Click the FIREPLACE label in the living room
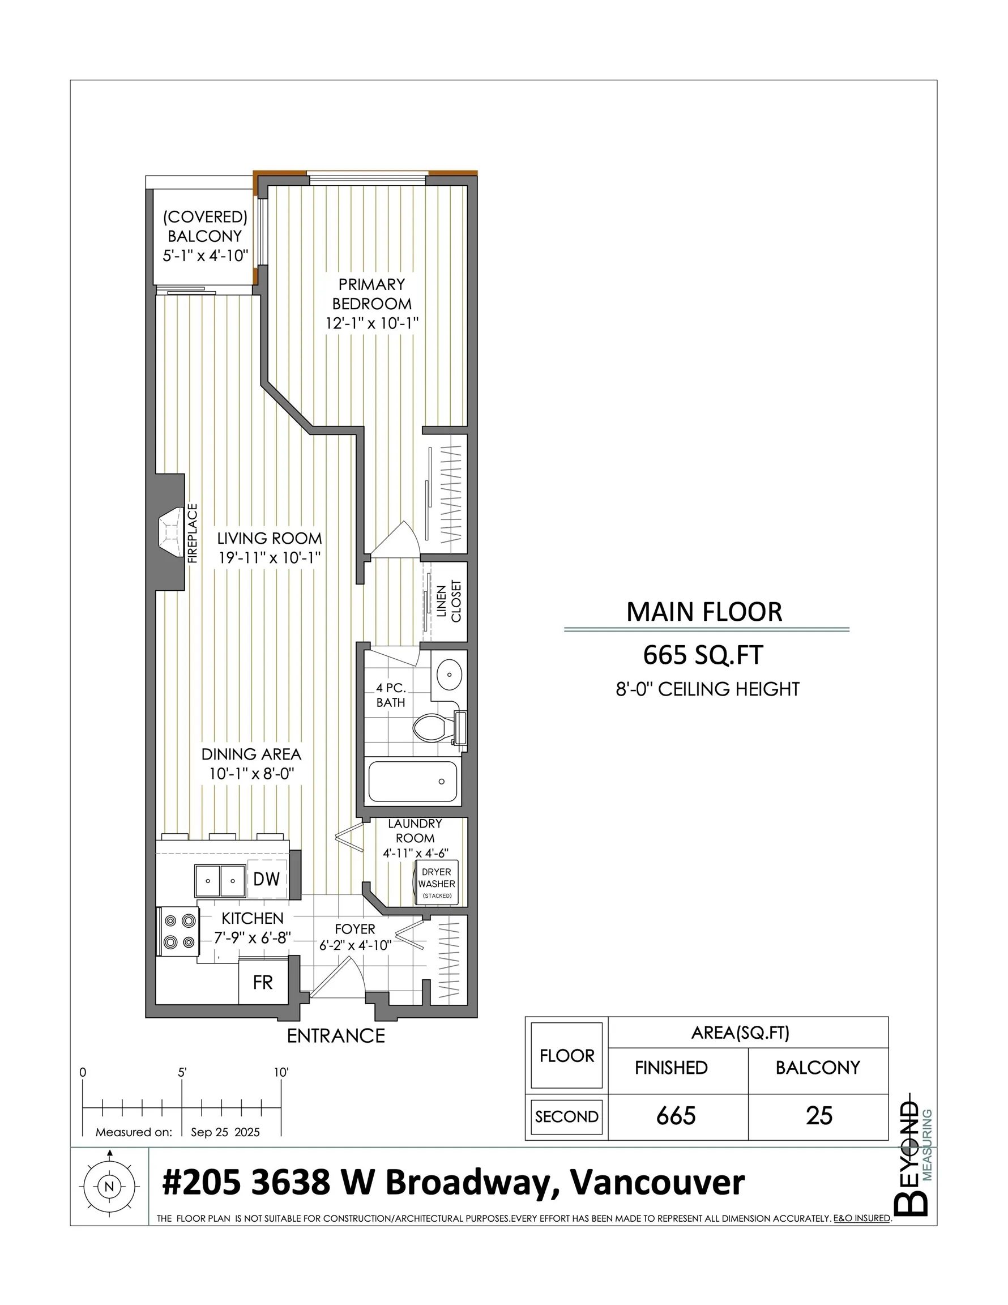tap(193, 534)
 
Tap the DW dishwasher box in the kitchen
tap(267, 879)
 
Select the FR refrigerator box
tap(263, 982)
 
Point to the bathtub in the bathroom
tap(413, 782)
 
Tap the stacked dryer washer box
tap(437, 883)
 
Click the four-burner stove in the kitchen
tap(177, 932)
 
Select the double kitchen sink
tap(220, 881)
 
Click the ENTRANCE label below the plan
tap(336, 1035)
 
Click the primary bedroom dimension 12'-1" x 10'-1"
tap(371, 323)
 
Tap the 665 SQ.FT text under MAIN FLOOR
tap(703, 656)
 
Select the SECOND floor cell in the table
tap(566, 1116)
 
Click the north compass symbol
tap(109, 1187)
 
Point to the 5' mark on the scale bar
tap(182, 1073)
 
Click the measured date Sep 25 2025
tap(225, 1132)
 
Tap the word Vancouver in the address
tap(657, 1183)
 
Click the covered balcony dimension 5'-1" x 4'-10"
tap(205, 256)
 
